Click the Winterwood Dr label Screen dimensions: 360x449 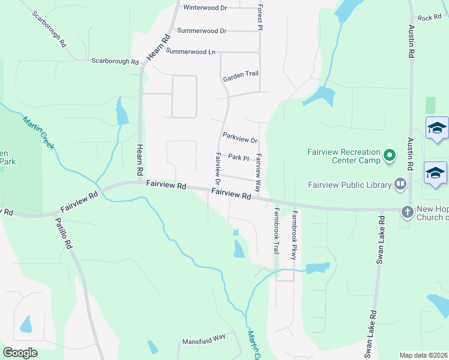click(205, 8)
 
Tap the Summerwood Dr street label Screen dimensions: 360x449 click(200, 31)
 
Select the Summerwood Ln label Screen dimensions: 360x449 click(190, 52)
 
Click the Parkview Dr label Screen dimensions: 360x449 click(240, 137)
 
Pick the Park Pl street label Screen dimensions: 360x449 click(238, 158)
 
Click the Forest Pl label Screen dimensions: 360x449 click(261, 16)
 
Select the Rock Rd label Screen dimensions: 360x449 click(429, 18)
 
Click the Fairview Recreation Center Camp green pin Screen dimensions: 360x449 click(390, 157)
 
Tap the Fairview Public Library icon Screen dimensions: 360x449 click(400, 184)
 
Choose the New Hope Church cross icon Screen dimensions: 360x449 click(408, 211)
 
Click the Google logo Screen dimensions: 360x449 click(20, 353)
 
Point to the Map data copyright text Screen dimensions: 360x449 click(423, 355)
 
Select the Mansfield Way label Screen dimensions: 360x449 click(204, 339)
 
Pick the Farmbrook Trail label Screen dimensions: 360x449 click(277, 231)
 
